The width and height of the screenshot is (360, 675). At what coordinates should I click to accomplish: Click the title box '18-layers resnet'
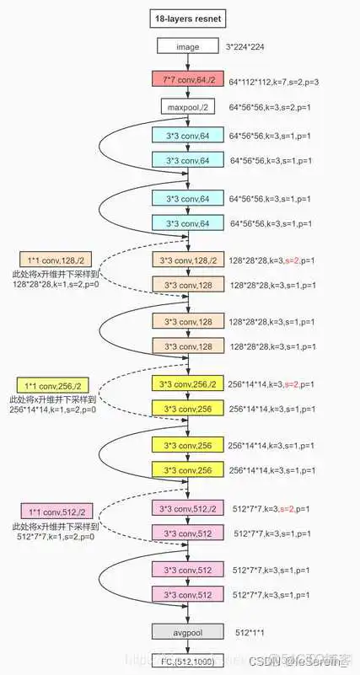point(187,17)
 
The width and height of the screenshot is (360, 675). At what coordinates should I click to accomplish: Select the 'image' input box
point(187,47)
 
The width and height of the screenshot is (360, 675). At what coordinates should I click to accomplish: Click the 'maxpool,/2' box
point(187,107)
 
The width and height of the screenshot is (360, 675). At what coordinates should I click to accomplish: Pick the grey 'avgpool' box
point(187,631)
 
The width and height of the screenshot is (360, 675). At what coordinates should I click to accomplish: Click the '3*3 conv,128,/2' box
point(187,260)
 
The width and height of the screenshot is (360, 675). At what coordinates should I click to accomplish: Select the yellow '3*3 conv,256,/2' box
point(187,384)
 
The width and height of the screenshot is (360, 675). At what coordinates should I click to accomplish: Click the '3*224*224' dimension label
point(252,48)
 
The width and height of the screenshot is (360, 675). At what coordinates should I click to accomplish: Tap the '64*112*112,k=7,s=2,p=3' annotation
point(279,83)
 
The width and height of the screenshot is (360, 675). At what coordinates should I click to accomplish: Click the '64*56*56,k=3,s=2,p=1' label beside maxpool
point(276,109)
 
